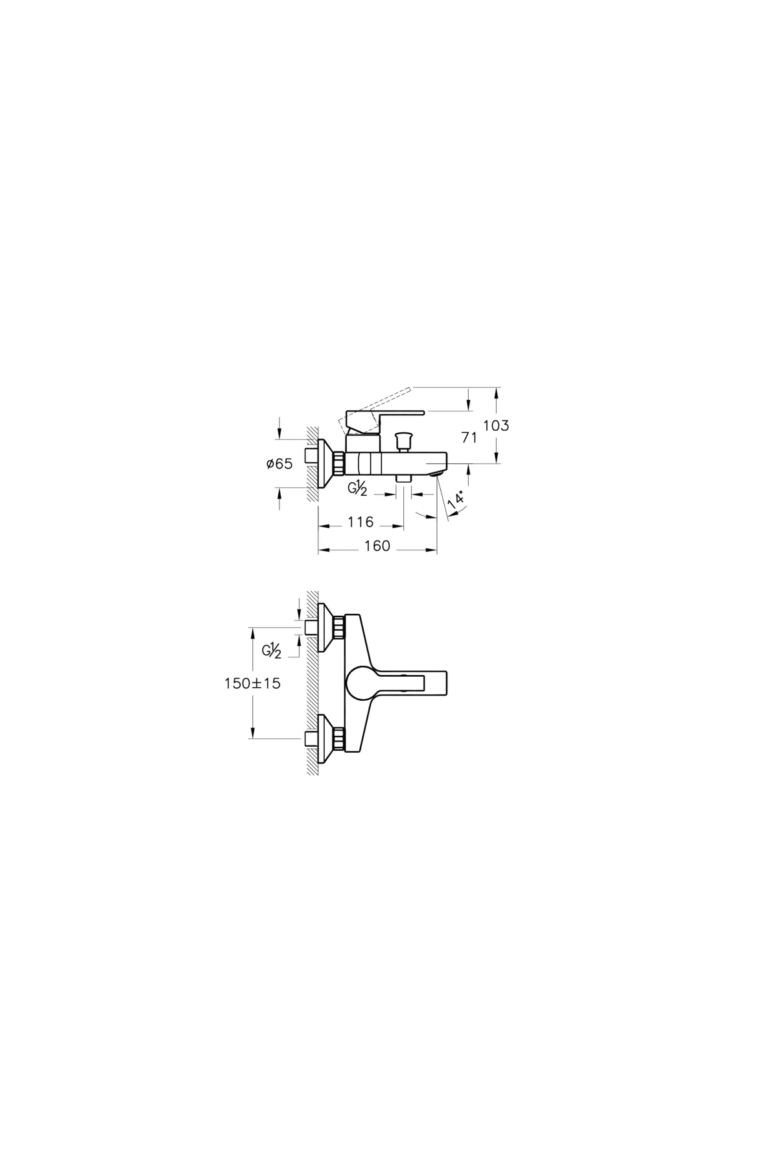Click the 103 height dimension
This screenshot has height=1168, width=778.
496,426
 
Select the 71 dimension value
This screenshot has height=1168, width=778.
469,438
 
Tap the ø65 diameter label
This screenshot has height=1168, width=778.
279,464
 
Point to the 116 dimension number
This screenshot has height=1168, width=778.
360,522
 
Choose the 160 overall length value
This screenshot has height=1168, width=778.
377,546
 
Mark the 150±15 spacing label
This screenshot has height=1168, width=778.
252,683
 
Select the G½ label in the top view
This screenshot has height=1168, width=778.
272,650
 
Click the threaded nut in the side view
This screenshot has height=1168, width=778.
339,463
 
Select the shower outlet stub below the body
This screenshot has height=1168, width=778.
404,477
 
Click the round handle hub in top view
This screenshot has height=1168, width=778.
360,683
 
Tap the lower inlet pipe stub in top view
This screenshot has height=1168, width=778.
311,738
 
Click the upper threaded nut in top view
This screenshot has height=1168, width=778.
339,627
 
